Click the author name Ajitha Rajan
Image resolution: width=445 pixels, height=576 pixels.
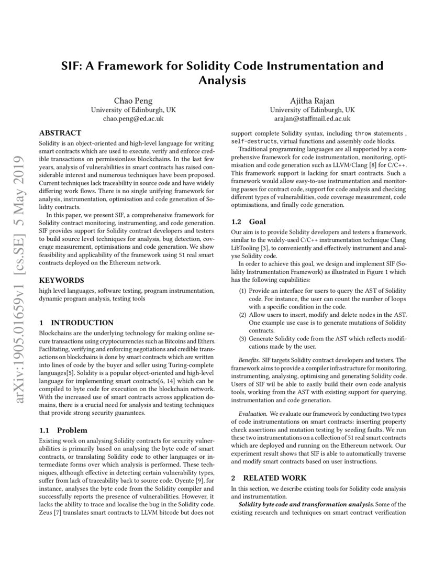312,101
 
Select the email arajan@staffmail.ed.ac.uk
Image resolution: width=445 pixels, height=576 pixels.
312,119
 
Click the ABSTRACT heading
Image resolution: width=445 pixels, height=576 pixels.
60,133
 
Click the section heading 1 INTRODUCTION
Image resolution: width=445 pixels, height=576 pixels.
76,323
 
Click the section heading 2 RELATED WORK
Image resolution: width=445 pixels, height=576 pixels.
269,478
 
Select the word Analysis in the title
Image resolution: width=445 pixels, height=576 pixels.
222,81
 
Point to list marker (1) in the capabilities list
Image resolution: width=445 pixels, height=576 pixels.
243,290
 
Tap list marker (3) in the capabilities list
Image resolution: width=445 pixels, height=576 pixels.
243,338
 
